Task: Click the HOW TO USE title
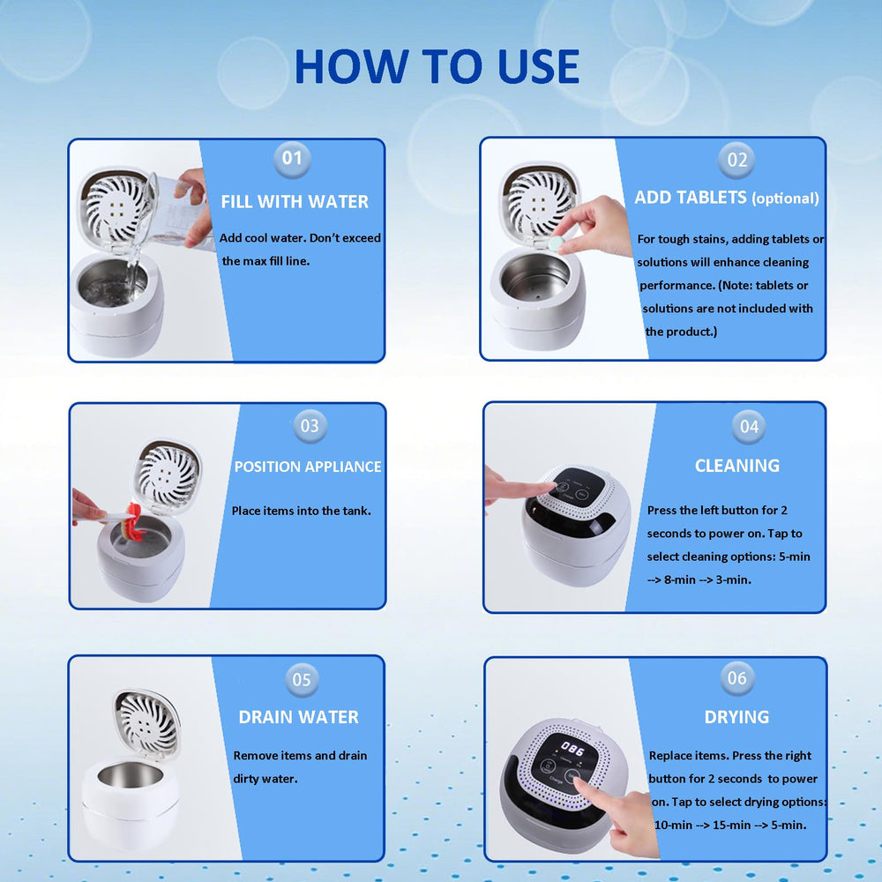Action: coord(437,66)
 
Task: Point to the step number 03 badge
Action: coord(310,426)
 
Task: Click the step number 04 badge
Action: coord(749,427)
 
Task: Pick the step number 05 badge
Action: coord(302,679)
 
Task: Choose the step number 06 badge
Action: coord(737,677)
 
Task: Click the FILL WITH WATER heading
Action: coord(295,201)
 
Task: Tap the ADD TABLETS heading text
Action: coord(691,198)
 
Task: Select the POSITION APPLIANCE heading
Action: coord(308,467)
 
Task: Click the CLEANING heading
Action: coord(737,466)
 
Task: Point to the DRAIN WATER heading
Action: coord(299,717)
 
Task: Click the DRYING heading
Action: coord(736,717)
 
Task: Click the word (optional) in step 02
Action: coord(785,198)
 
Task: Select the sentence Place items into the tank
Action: coord(302,511)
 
